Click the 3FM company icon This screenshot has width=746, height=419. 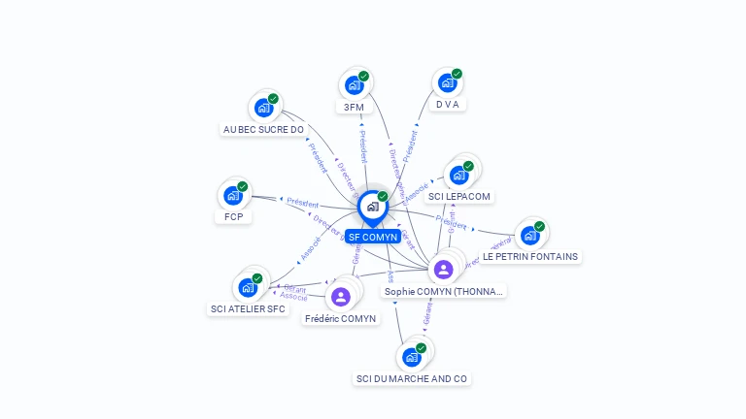(355, 85)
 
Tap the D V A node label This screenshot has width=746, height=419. (447, 104)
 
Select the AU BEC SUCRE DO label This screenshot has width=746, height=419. (263, 129)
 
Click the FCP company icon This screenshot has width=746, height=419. (233, 196)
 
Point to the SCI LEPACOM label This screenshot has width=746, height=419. (459, 196)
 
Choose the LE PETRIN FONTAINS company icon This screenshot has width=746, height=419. (529, 235)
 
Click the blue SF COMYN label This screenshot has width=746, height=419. (373, 237)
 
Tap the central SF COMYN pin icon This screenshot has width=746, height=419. (372, 207)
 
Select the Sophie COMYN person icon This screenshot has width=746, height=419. (444, 269)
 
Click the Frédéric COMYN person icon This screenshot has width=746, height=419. (340, 296)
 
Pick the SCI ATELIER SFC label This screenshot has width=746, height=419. (248, 309)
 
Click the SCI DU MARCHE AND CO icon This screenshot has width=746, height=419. (412, 357)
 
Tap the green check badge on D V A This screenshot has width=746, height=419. (457, 74)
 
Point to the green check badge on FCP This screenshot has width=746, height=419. (243, 186)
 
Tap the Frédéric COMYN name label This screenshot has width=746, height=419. (340, 318)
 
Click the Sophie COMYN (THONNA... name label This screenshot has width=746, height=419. (444, 291)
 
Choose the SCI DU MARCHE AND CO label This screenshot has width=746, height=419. (412, 378)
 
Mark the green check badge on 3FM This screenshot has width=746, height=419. (363, 76)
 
